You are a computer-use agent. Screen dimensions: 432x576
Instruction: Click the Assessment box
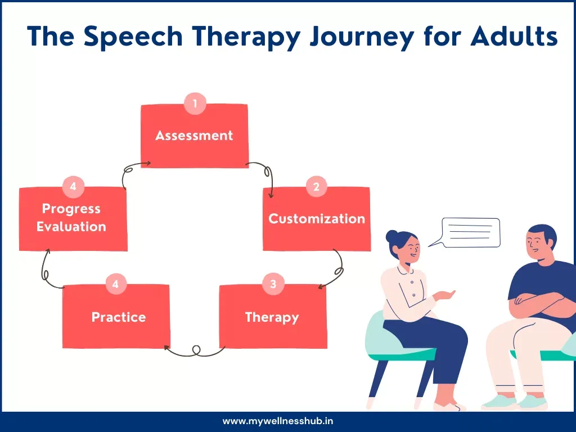(x=194, y=136)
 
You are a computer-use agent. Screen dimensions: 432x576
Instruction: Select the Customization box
(x=317, y=219)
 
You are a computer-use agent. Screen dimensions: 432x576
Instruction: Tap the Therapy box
(x=272, y=317)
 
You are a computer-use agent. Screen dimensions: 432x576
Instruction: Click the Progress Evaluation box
(x=73, y=218)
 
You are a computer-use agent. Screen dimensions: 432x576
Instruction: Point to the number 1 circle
(x=195, y=103)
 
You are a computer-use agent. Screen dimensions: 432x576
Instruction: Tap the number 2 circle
(x=316, y=187)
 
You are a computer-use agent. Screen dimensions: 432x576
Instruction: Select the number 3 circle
(x=273, y=284)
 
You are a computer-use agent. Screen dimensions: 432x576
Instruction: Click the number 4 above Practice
(x=115, y=284)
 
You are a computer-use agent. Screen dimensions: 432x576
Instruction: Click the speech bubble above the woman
(x=470, y=232)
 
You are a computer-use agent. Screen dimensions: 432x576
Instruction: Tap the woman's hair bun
(x=391, y=236)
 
